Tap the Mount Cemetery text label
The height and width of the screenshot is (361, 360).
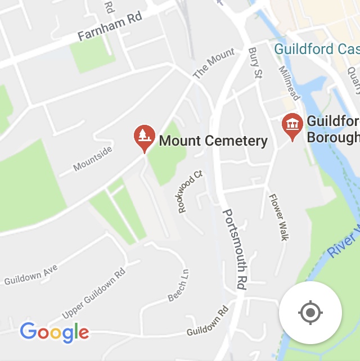click(x=213, y=141)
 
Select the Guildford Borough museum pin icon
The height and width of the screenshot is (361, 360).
click(x=292, y=126)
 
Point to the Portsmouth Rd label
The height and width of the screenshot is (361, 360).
click(x=235, y=249)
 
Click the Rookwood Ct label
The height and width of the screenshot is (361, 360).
click(x=190, y=192)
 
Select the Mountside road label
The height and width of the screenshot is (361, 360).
click(x=93, y=158)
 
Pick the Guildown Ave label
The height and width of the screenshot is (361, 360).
click(x=31, y=275)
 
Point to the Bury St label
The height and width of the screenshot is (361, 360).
click(x=255, y=63)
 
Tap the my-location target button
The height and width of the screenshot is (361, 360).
click(x=310, y=313)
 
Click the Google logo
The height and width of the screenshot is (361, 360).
click(x=54, y=332)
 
